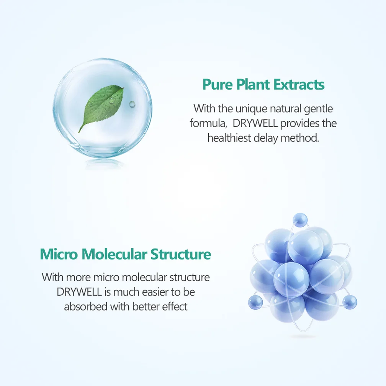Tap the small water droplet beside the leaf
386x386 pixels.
tap(132, 104)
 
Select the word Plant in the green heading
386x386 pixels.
tap(253, 84)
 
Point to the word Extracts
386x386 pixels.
tap(299, 84)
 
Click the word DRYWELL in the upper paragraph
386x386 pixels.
tap(255, 123)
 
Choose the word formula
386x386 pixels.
tap(208, 123)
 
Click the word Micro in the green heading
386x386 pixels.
tap(59, 254)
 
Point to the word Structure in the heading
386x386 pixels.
tap(181, 254)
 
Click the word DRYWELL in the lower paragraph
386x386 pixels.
tap(79, 292)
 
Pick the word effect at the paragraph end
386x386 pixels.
tap(175, 306)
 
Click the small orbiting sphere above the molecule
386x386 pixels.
tap(300, 219)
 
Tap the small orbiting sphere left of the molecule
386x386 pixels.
tap(255, 302)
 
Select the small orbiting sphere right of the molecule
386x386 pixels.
tap(350, 302)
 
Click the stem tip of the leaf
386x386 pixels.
tap(79, 132)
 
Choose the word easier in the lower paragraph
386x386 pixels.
tap(157, 292)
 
